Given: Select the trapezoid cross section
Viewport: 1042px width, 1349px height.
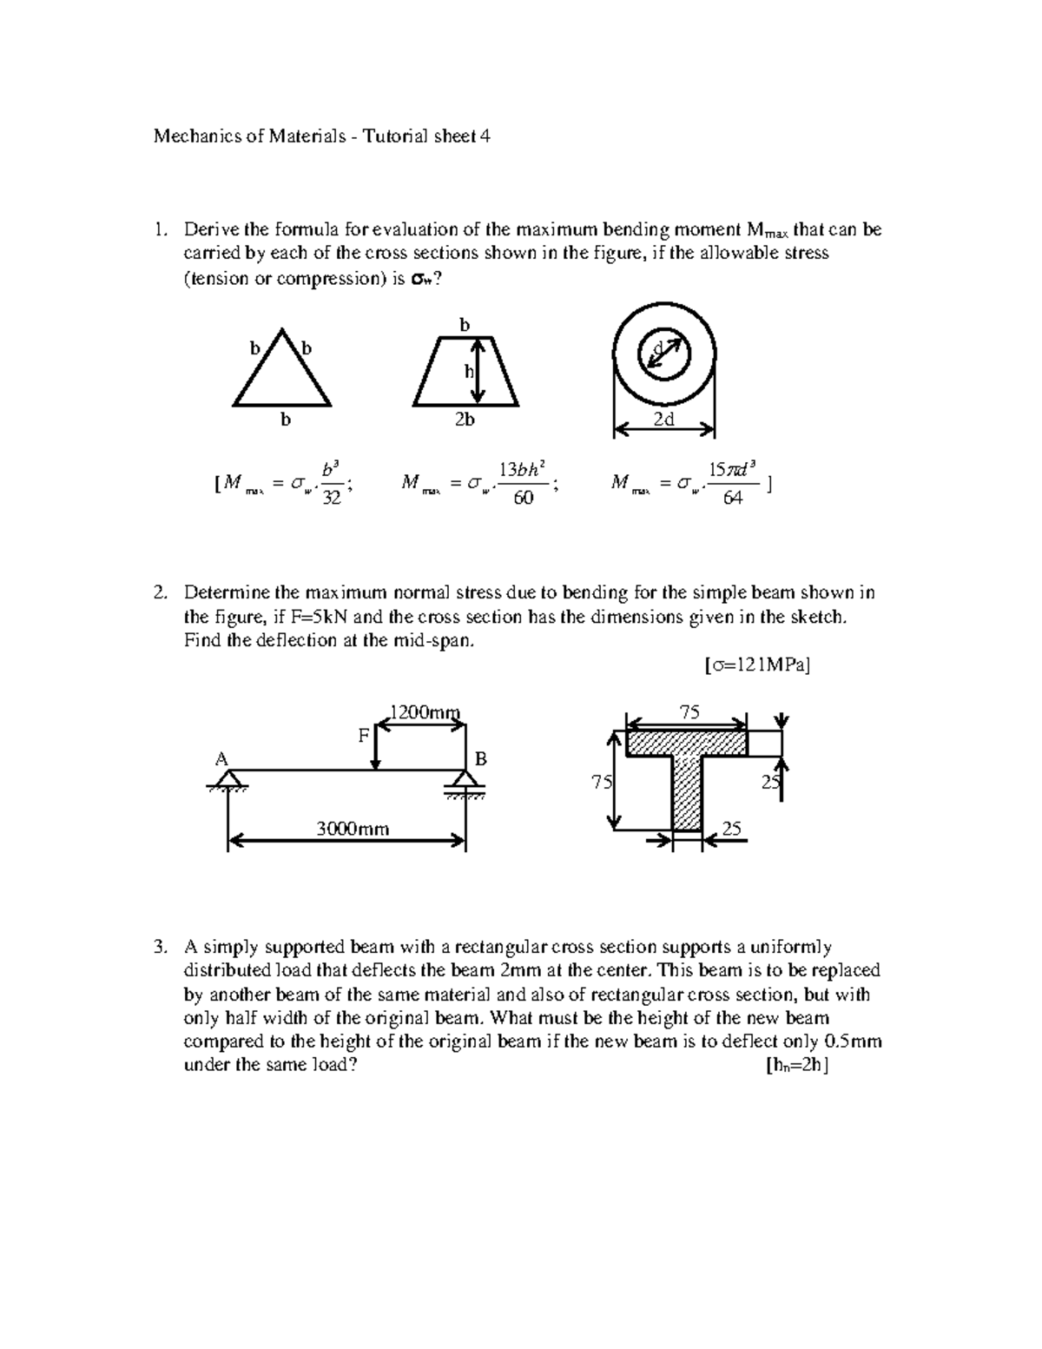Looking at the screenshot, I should [465, 374].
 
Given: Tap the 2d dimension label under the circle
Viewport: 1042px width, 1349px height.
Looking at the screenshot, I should [664, 420].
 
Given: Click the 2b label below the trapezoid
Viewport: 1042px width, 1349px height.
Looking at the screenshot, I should [465, 420].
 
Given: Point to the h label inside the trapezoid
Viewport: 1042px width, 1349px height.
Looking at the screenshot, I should [468, 371].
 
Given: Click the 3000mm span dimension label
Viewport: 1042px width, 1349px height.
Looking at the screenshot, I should [352, 829].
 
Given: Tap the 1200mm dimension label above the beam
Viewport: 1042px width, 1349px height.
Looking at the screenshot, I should [423, 712].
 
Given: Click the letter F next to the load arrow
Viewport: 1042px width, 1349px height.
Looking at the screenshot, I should [364, 736].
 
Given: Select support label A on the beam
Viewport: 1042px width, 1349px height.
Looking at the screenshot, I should [221, 758].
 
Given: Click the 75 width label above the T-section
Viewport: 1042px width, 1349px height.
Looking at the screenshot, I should [689, 712].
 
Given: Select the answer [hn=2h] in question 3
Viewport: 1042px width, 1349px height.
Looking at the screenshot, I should [796, 1067].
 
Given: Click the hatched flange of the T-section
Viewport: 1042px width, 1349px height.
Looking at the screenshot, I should [687, 743].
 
